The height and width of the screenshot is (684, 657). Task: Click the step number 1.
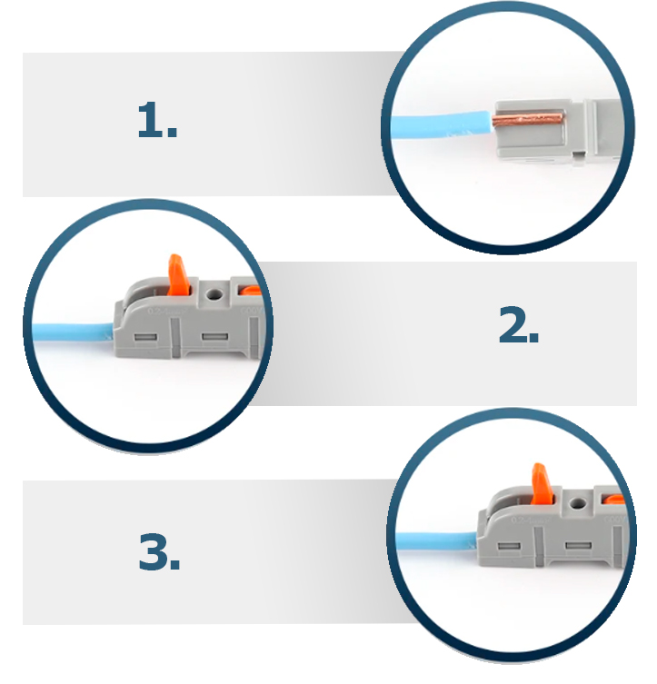pos(157,121)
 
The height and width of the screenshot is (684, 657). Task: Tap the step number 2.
pos(518,324)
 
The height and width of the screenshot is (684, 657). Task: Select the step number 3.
pos(159,551)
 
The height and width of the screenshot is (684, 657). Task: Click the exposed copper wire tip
pos(528,119)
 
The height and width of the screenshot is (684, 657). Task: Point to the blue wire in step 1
pos(441,125)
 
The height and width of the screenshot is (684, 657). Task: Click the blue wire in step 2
pos(73,332)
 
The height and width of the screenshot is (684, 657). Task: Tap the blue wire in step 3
pos(436,541)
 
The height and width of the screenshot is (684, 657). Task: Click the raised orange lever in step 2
pos(178,275)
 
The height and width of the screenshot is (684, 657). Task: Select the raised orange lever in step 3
pos(543,484)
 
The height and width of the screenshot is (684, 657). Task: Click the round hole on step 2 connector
pos(214,294)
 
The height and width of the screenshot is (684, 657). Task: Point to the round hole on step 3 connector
pos(578,504)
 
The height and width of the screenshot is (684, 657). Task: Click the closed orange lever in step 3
pos(614,501)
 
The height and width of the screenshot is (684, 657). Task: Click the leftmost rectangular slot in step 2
pos(145,337)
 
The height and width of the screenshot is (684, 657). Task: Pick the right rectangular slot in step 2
pos(214,337)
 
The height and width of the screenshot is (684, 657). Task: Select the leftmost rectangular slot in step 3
pos(509,546)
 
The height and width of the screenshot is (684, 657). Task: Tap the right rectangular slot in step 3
pos(579,546)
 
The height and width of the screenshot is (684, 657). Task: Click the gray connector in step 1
pos(560,132)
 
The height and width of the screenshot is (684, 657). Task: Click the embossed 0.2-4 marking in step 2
pos(167,312)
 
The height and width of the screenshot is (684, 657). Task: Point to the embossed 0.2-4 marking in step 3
pos(531,520)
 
